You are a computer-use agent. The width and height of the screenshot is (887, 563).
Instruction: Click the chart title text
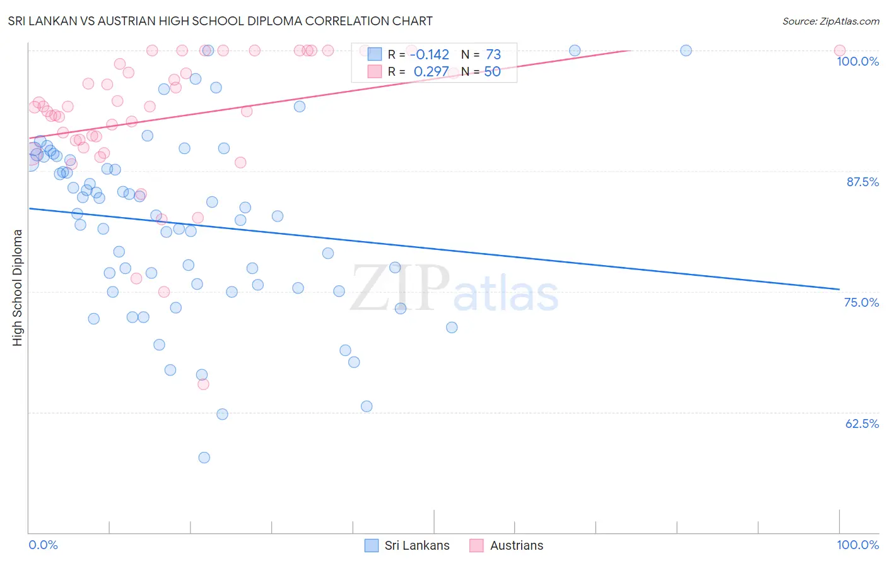click(220, 21)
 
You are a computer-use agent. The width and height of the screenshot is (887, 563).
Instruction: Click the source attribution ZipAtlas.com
click(830, 21)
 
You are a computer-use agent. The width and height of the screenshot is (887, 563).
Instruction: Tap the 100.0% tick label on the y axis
click(857, 61)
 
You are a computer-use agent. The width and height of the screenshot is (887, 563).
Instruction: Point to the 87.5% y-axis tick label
click(862, 182)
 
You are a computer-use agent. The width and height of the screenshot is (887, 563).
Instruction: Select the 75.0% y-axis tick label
click(861, 302)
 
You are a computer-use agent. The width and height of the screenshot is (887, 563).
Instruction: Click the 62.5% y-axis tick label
click(862, 424)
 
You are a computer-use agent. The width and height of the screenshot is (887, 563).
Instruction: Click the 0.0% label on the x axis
click(43, 545)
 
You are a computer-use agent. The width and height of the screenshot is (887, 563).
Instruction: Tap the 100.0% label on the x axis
click(857, 545)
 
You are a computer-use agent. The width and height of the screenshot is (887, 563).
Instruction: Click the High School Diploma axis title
click(18, 287)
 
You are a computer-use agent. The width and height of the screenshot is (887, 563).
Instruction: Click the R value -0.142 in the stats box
click(429, 55)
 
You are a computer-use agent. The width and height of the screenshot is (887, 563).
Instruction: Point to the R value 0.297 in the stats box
click(431, 72)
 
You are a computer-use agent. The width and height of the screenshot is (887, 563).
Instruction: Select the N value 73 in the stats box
click(493, 55)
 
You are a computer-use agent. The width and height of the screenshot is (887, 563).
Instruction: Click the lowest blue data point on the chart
click(204, 458)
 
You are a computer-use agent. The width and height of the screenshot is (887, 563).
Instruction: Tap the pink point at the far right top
click(839, 50)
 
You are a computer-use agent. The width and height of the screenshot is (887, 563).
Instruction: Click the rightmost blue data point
click(686, 50)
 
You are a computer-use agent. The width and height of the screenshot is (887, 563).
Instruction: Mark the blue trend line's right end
click(839, 289)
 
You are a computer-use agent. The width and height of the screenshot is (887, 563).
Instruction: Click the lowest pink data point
click(203, 384)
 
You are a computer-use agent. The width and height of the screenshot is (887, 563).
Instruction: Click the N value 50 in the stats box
click(492, 72)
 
